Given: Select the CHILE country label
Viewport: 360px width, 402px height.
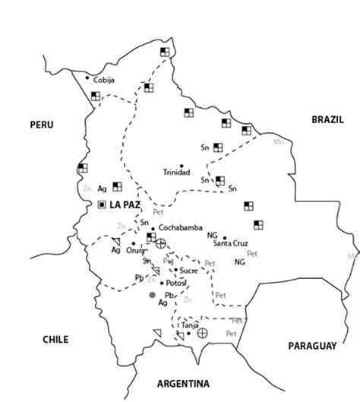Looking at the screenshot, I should [56, 340].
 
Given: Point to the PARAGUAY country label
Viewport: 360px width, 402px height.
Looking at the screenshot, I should [311, 346].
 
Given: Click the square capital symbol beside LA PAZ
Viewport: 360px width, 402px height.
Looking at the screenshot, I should [103, 204].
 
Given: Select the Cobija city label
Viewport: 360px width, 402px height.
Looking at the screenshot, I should [104, 78].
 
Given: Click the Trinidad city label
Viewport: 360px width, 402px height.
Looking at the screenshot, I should [177, 173].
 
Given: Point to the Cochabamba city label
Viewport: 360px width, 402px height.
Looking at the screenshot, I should [181, 228].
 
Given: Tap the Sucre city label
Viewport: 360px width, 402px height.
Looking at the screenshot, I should [189, 270].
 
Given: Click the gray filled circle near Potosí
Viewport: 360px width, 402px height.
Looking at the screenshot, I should [152, 295].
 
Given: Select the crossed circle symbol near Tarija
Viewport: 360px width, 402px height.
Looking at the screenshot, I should [203, 333].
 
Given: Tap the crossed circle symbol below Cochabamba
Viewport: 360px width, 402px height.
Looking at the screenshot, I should [161, 243].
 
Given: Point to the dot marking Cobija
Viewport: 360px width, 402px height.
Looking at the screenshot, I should [88, 78].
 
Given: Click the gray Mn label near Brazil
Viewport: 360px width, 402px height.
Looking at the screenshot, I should [277, 141].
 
